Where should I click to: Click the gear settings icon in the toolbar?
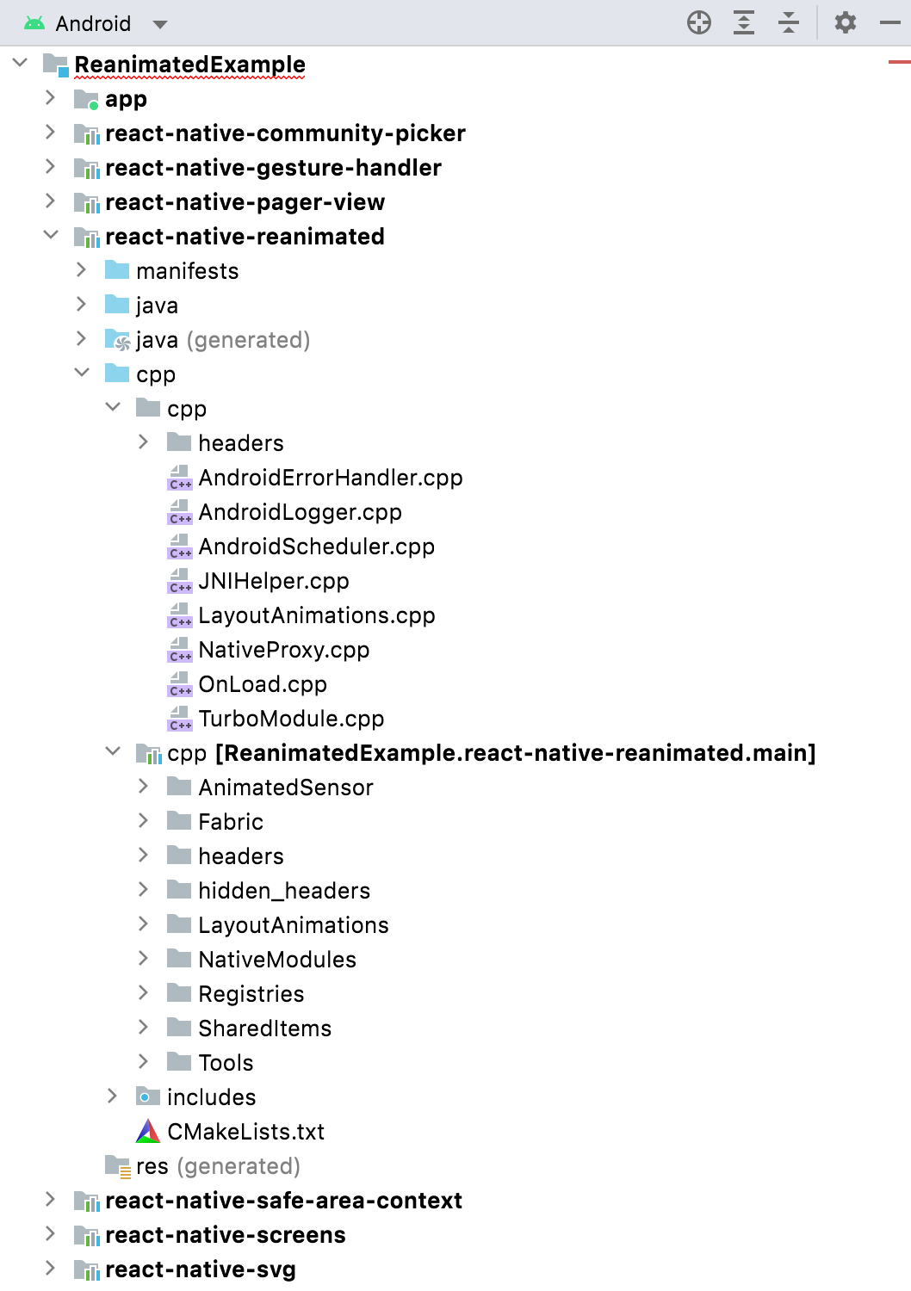pos(846,22)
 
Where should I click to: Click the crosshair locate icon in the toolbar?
pos(699,22)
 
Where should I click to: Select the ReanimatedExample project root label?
pos(189,65)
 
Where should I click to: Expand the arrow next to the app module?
pos(51,98)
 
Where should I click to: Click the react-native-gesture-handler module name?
pos(273,168)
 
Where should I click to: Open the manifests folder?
pos(187,271)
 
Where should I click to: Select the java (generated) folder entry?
pos(222,340)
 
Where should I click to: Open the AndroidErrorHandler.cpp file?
pos(330,478)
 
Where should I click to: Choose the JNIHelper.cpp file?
pos(273,581)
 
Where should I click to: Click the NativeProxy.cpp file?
pos(283,650)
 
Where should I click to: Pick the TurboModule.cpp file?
pos(291,719)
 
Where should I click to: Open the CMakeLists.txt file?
pos(245,1132)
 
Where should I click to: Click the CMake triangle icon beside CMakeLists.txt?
pos(148,1131)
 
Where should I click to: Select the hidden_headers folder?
pos(284,891)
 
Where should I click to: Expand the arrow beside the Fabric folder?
pos(144,821)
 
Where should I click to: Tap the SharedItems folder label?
pos(264,1028)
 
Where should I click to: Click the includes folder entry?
pos(211,1097)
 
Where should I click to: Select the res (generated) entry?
pos(217,1166)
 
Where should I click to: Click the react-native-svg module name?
pos(200,1269)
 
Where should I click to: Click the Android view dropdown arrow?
pos(160,24)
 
